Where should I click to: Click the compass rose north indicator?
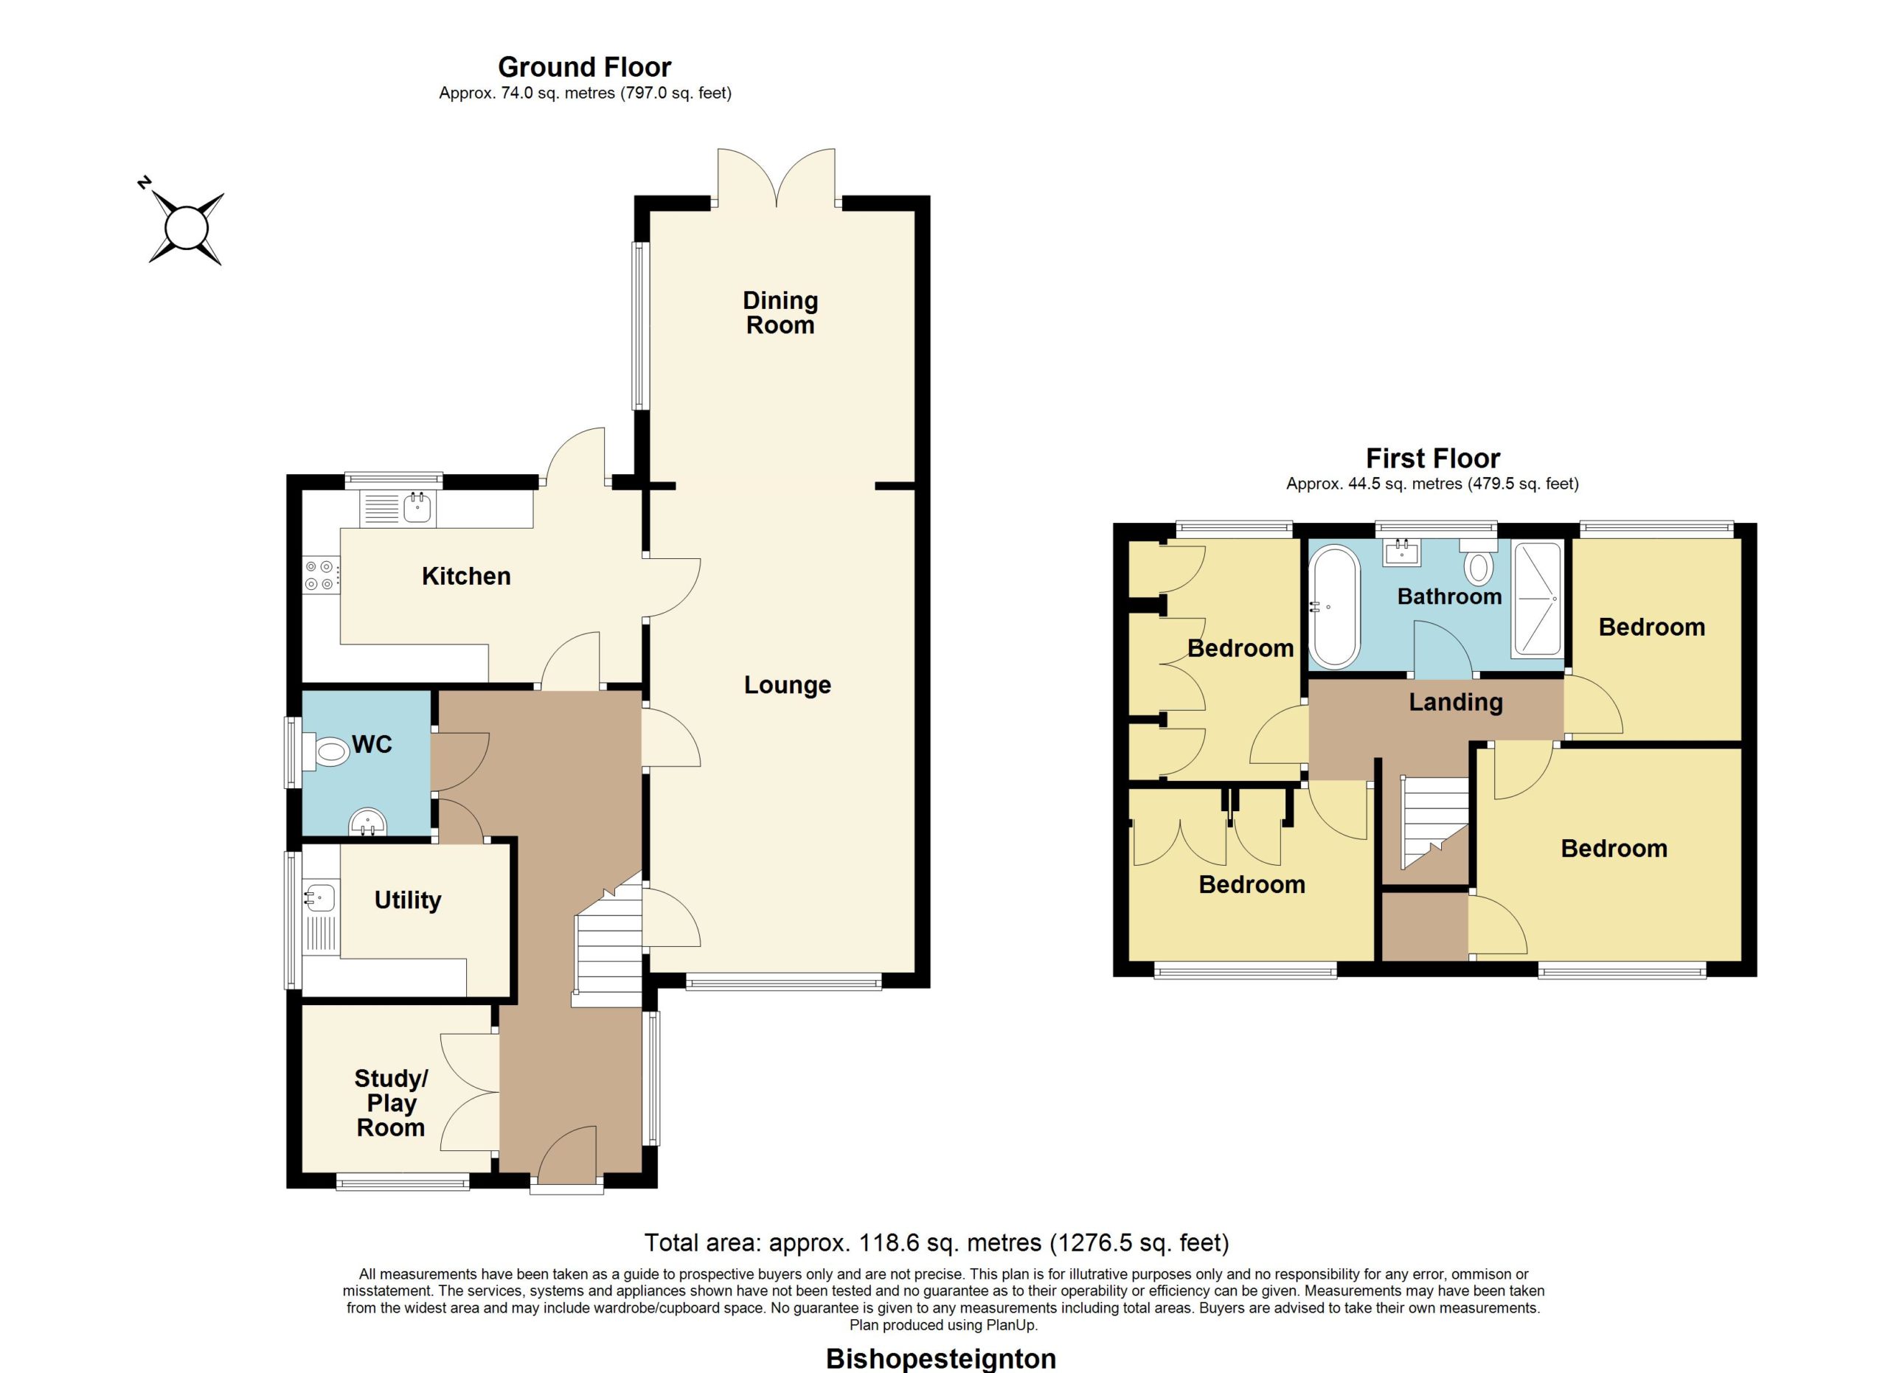145,182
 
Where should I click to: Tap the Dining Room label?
780,313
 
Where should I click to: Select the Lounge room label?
787,685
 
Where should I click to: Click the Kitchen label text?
466,576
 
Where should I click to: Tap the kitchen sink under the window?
398,507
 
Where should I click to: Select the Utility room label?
407,900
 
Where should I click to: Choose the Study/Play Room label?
390,1102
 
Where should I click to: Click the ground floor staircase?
608,939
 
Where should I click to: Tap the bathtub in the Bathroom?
1333,607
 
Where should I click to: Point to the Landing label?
1455,702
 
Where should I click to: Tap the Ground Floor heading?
584,66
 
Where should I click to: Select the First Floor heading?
1433,458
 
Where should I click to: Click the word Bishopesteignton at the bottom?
940,1359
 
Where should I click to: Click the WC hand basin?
367,822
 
